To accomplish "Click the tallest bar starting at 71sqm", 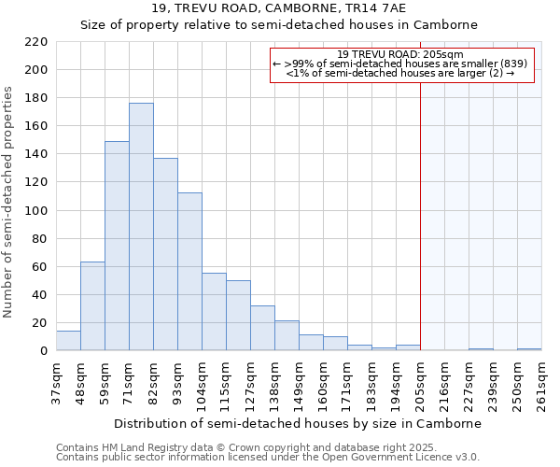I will [141, 227].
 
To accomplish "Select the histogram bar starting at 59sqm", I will [117, 246].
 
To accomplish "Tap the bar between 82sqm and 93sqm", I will [165, 254].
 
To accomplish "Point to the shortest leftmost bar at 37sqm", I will [68, 341].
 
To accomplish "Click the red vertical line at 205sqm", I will [420, 205].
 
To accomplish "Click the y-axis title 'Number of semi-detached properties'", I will [9, 202].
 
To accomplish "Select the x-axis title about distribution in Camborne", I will [299, 423].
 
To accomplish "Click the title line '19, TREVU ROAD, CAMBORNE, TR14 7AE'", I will [278, 8].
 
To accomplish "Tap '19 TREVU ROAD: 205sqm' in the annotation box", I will [401, 54].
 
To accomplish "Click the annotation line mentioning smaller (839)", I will [401, 64].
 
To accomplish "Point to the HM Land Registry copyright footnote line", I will [240, 447].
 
